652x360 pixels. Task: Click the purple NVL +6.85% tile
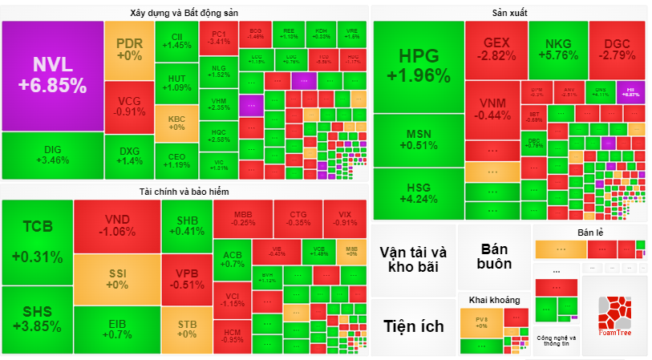[52, 75]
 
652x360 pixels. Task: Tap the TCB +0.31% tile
[38, 241]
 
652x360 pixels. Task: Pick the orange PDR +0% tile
[128, 50]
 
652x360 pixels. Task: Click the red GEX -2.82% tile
[496, 49]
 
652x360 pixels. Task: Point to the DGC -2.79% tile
[617, 49]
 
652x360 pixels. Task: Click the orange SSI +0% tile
[117, 278]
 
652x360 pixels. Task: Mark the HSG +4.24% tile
[419, 193]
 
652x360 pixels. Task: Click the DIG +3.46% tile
[53, 155]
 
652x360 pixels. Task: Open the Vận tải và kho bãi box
[413, 259]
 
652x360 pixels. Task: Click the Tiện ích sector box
[413, 326]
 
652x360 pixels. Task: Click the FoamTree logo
[614, 316]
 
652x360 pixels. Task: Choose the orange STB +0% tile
[187, 329]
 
